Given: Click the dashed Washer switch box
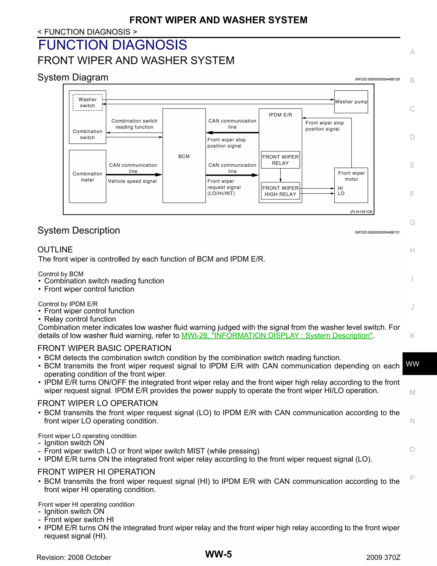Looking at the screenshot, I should pyautogui.click(x=87, y=103).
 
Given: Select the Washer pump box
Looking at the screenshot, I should pyautogui.click(x=351, y=102).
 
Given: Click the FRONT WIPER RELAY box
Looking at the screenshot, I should pyautogui.click(x=280, y=160).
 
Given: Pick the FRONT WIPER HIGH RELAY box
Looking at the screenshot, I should pyautogui.click(x=280, y=191).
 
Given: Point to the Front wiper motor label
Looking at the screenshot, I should pyautogui.click(x=351, y=176).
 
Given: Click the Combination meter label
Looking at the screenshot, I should pyautogui.click(x=87, y=177).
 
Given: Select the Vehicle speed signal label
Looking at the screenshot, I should pyautogui.click(x=132, y=181).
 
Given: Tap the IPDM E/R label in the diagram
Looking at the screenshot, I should pyautogui.click(x=280, y=115).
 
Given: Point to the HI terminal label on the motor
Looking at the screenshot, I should pyautogui.click(x=340, y=188).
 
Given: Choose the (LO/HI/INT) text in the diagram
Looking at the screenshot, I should pyautogui.click(x=221, y=193).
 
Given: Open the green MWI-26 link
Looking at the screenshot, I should pyautogui.click(x=277, y=335).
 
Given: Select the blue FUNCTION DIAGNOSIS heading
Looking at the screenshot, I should pyautogui.click(x=113, y=45).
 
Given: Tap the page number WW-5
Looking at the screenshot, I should pyautogui.click(x=218, y=554).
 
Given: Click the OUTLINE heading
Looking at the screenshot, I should pyautogui.click(x=55, y=249).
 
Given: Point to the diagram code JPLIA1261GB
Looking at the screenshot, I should pyautogui.click(x=361, y=212).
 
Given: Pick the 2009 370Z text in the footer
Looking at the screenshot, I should pyautogui.click(x=383, y=557).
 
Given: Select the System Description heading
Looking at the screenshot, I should pyautogui.click(x=79, y=230).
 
